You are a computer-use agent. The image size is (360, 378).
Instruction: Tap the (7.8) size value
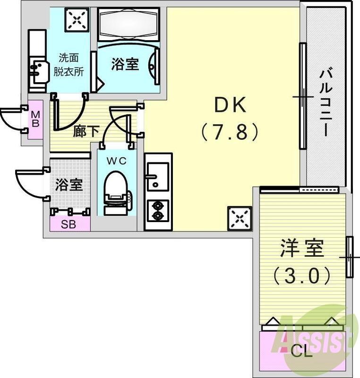[x=230, y=132]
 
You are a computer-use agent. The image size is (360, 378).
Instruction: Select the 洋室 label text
[x=303, y=249]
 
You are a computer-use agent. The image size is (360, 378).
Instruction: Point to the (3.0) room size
[x=303, y=275]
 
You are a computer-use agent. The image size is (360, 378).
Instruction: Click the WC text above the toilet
[x=116, y=161]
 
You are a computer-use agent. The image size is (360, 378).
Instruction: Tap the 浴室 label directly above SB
[x=69, y=185]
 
